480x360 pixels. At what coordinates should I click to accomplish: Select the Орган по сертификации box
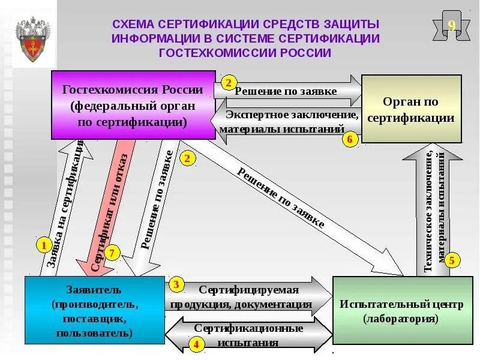(411, 109)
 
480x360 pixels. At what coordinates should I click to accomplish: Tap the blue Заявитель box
(94, 310)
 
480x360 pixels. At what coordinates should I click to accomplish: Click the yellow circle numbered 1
(43, 245)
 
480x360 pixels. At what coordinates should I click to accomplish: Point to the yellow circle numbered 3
(176, 284)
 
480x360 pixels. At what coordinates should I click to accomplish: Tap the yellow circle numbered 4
(196, 344)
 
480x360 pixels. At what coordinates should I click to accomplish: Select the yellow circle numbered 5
(452, 260)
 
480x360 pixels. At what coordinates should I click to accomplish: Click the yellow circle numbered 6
(351, 140)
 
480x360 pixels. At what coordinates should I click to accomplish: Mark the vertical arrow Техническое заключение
(434, 210)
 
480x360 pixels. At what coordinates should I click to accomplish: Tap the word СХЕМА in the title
(133, 24)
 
